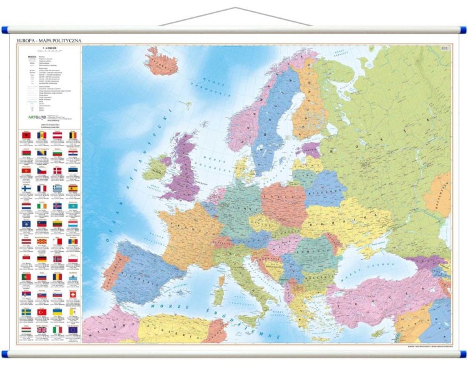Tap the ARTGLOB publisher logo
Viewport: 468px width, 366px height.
pos(34,116)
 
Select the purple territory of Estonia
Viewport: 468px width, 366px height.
pos(308,149)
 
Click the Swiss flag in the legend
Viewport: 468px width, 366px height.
pos(74,294)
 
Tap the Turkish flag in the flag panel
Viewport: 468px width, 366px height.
pos(42,312)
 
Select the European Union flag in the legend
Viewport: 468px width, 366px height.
pos(74,329)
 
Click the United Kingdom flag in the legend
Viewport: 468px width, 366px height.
pos(42,329)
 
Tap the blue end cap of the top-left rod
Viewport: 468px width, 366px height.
pos(6,29)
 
